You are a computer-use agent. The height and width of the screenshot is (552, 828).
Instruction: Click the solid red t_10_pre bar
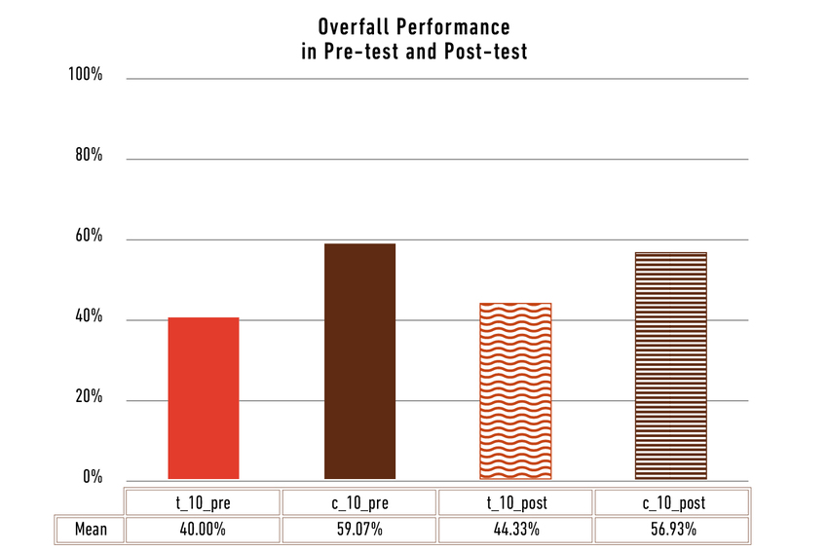[204, 398]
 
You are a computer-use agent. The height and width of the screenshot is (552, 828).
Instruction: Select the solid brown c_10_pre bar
[359, 361]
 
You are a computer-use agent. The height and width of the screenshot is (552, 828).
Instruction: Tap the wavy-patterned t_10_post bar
[515, 391]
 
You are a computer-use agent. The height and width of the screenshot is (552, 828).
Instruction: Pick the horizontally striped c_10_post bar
[671, 366]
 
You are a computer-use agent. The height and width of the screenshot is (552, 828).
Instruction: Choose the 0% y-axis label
[92, 477]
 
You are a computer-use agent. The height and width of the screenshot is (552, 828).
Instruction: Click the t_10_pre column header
[203, 502]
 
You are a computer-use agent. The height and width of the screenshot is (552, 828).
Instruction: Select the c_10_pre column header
[358, 502]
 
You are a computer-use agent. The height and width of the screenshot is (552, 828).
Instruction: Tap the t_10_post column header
[515, 502]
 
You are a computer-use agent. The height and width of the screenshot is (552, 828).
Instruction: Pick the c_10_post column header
[671, 502]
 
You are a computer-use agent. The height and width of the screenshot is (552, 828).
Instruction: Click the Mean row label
[91, 531]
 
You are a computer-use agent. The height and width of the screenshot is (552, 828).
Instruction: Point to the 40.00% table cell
[203, 531]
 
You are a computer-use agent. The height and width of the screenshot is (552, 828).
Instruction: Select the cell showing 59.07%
[358, 531]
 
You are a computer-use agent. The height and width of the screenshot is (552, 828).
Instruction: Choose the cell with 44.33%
[515, 531]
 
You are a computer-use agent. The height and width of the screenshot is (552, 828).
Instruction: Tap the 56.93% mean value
[671, 531]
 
